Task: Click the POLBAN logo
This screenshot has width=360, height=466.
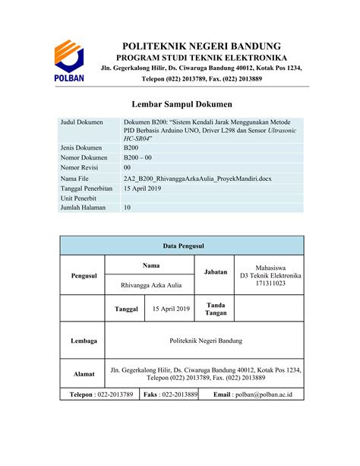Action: [68, 60]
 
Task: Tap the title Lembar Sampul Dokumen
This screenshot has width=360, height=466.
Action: [182, 103]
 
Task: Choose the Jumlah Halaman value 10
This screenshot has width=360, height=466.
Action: [128, 207]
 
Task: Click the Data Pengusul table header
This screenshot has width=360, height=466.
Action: [182, 246]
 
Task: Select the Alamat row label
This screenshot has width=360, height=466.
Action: [83, 373]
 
